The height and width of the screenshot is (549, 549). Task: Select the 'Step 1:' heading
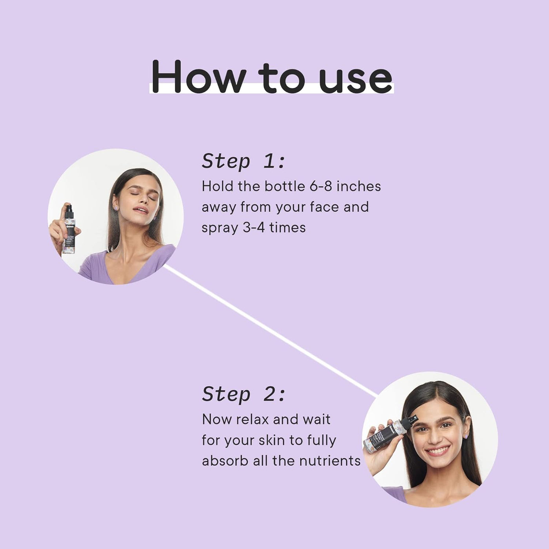(x=244, y=161)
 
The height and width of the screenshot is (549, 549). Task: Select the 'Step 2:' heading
(x=244, y=394)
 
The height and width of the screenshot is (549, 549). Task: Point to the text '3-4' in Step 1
(x=254, y=227)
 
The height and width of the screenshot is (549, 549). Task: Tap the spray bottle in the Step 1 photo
(x=69, y=231)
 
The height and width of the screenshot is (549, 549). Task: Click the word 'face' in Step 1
(x=324, y=207)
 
